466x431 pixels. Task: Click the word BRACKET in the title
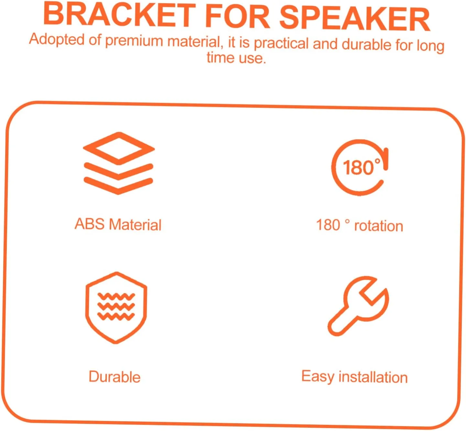pyautogui.click(x=119, y=16)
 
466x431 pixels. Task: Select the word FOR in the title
pyautogui.click(x=237, y=17)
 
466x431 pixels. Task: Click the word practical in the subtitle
pyautogui.click(x=281, y=44)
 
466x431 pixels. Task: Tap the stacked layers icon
pyautogui.click(x=118, y=163)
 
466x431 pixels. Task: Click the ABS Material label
pyautogui.click(x=118, y=224)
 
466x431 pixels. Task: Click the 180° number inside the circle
pyautogui.click(x=361, y=167)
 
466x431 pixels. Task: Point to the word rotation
pyautogui.click(x=378, y=226)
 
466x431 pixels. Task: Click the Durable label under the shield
pyautogui.click(x=114, y=377)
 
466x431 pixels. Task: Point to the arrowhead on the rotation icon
pyautogui.click(x=385, y=159)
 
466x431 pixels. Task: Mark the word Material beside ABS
pyautogui.click(x=135, y=225)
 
